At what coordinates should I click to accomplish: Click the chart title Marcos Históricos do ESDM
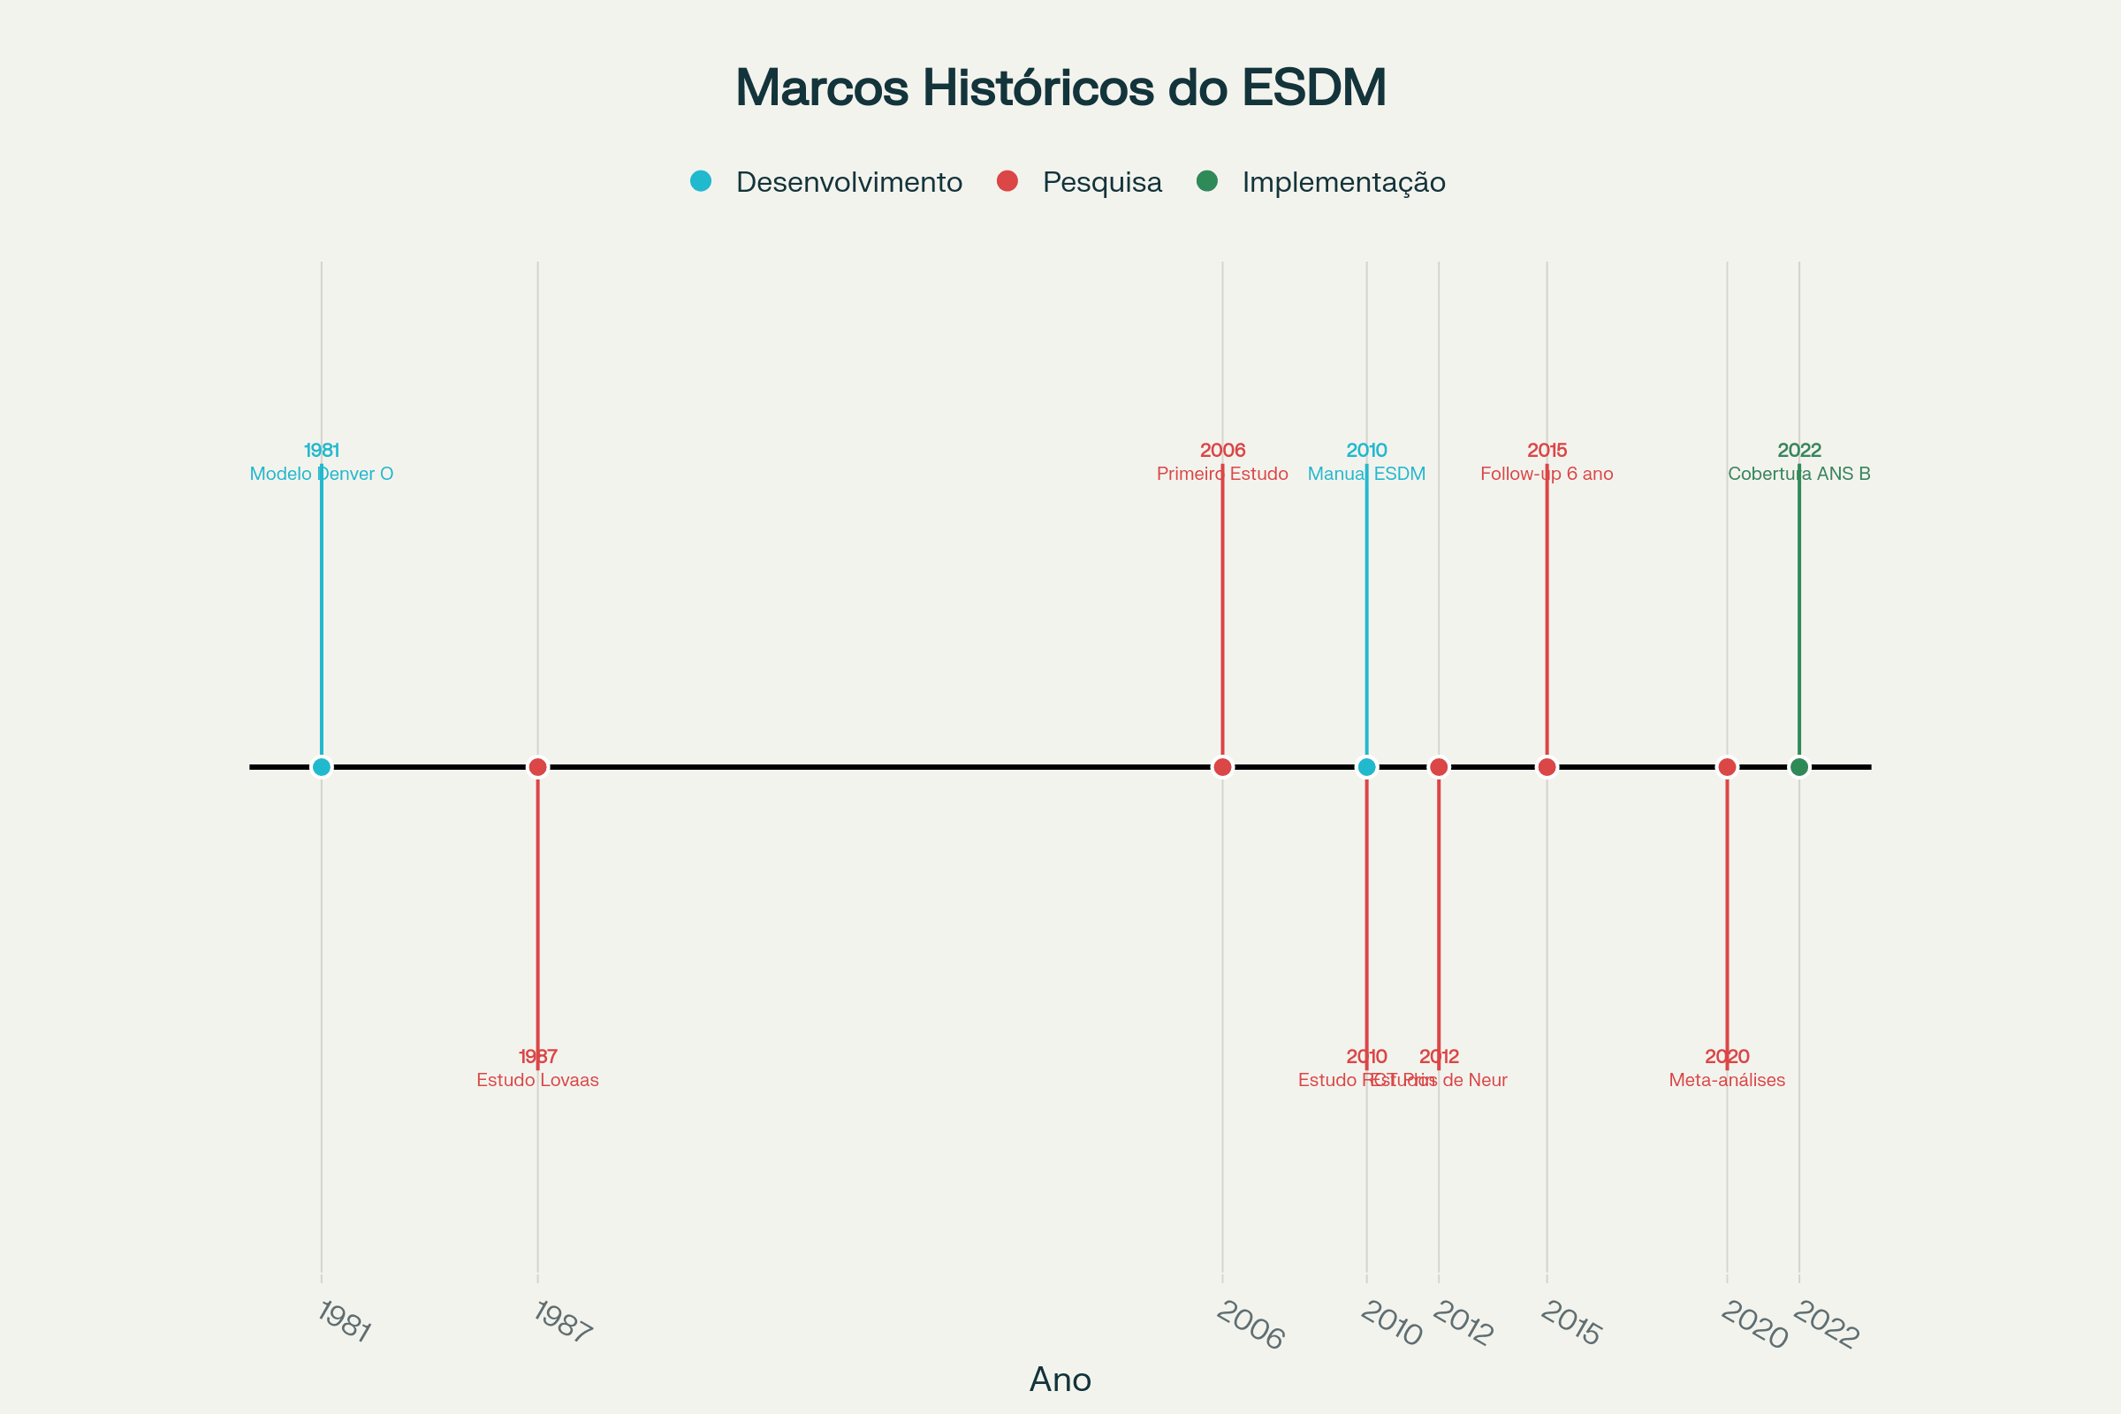pos(1060,87)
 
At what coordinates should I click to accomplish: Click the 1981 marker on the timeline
pos(321,766)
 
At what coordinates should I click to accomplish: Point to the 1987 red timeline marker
pos(537,766)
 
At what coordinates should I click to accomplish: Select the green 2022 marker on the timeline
pos(1799,766)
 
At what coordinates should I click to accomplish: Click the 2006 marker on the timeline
pos(1222,766)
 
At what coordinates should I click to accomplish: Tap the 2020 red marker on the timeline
pos(1727,766)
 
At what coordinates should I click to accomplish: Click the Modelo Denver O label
pos(321,474)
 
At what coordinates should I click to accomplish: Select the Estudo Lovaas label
pos(537,1079)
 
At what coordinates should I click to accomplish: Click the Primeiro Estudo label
pos(1222,474)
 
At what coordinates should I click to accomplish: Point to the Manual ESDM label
pos(1366,474)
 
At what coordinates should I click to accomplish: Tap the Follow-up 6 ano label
pos(1547,474)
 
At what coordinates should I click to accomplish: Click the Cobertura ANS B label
pos(1799,474)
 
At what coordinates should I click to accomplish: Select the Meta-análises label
pos(1727,1079)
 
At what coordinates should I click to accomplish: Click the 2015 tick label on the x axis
pos(1570,1324)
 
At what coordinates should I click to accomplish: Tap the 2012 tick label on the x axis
pos(1462,1324)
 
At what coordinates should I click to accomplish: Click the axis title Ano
pos(1060,1380)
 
